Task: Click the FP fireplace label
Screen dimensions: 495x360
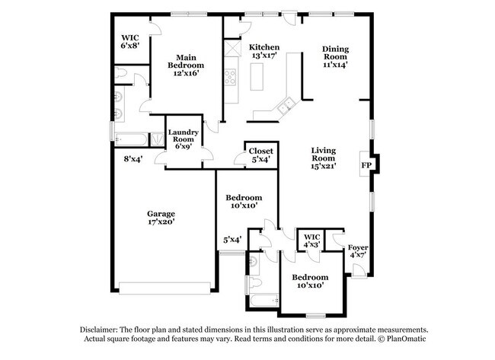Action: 366,165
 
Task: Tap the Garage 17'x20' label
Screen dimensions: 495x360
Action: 161,218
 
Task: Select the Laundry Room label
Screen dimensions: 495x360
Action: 184,135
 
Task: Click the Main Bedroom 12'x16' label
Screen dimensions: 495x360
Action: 186,65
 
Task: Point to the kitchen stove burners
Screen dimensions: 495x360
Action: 230,77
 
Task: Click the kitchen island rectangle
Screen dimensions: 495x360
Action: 257,77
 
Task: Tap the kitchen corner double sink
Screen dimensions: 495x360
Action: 286,106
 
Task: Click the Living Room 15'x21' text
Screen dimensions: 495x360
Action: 323,158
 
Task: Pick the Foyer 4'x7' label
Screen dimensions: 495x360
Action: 358,251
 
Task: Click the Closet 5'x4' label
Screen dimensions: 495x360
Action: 260,155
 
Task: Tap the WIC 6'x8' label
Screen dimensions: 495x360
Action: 130,42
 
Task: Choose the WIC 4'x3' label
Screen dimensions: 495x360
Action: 312,241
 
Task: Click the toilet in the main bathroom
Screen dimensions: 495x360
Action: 122,73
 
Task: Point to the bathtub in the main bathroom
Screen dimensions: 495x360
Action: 131,139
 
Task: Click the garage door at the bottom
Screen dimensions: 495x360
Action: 164,288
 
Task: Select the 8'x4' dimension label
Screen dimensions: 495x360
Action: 133,159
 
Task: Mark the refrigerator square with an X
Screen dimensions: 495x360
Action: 233,49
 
